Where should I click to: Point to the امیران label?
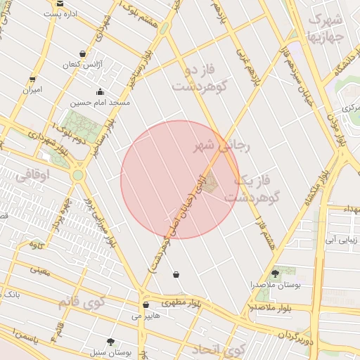[32, 89]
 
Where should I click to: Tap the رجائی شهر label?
[221, 146]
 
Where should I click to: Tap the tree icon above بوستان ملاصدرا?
[274, 274]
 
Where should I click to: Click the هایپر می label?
[146, 316]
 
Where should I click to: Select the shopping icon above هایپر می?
[145, 305]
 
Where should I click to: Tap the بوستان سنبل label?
[107, 350]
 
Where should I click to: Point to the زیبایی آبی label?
[340, 240]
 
